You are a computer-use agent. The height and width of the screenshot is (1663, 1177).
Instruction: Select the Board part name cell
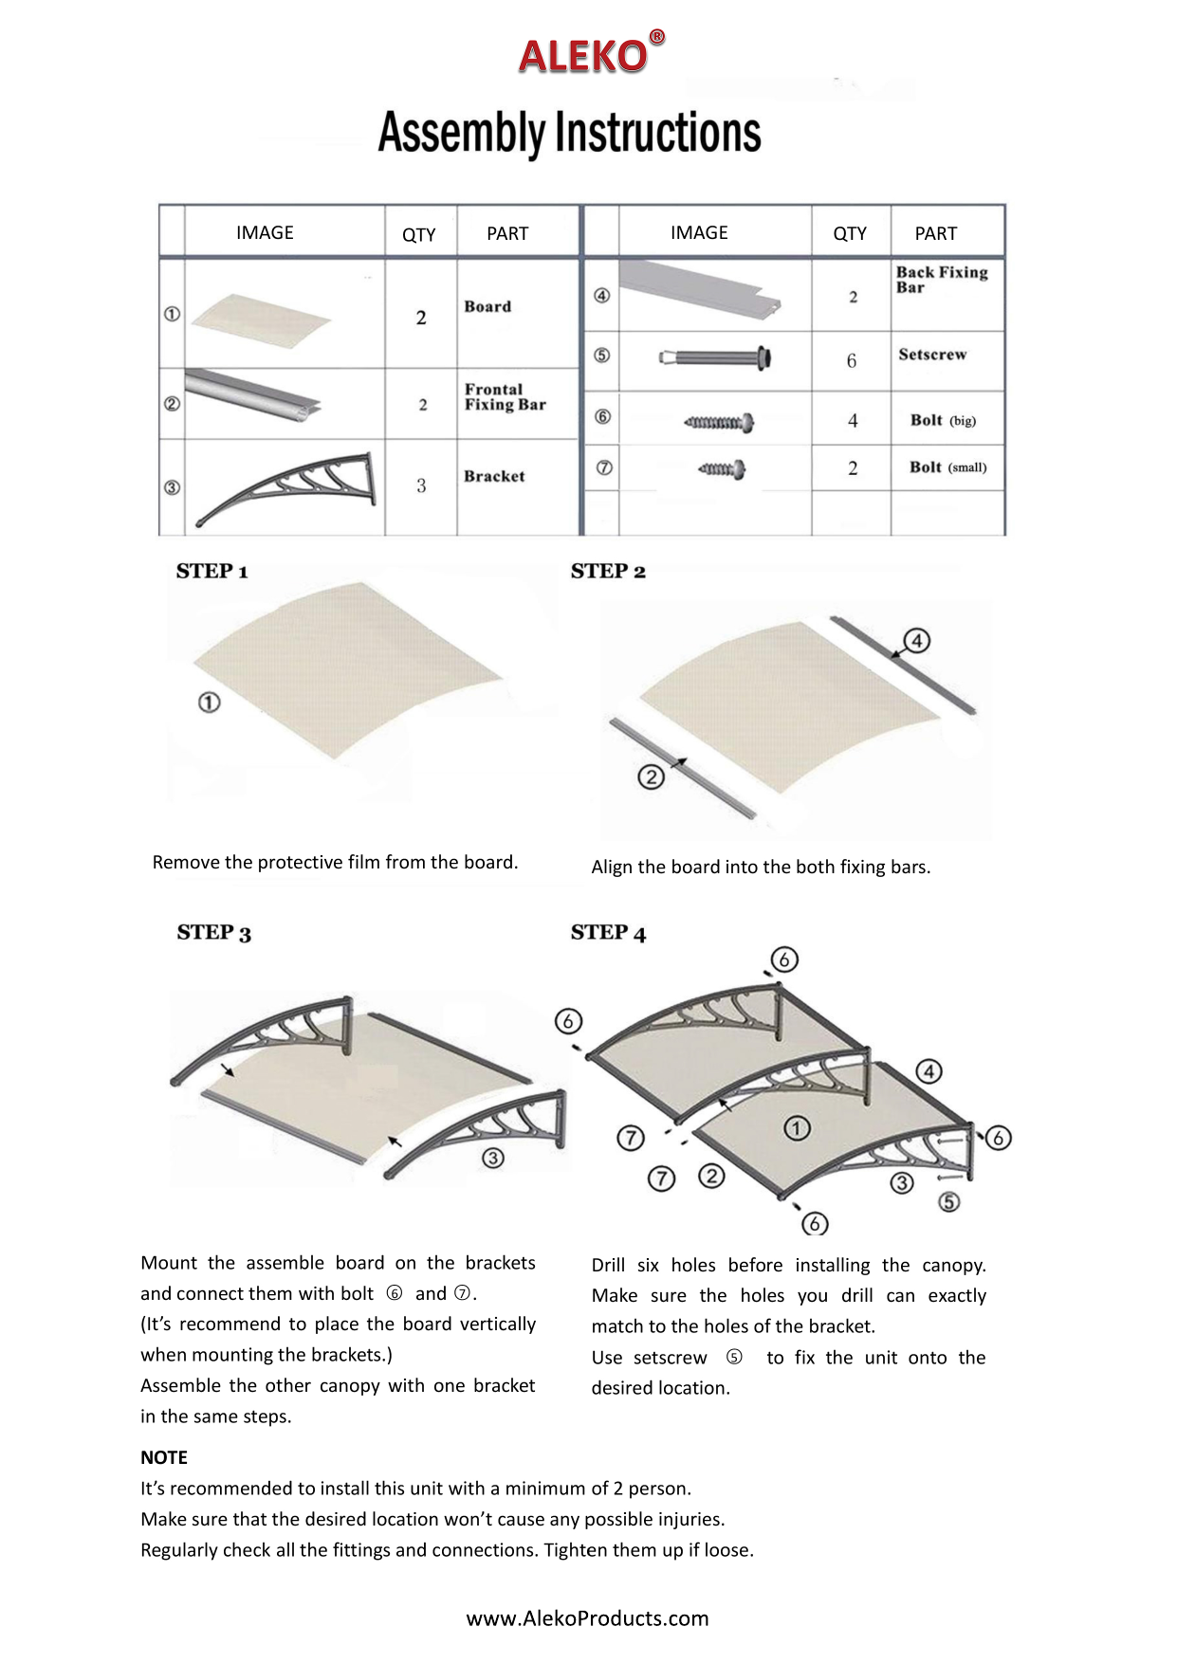click(x=487, y=307)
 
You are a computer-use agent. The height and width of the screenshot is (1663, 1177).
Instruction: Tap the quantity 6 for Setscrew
click(x=851, y=361)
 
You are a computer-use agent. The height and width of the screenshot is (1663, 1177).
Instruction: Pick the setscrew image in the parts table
click(x=715, y=358)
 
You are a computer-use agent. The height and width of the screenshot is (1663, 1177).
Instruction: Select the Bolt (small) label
click(x=947, y=467)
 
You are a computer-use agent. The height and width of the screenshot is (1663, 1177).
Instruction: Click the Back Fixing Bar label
click(x=941, y=280)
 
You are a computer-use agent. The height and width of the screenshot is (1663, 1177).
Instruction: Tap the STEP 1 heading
click(x=211, y=572)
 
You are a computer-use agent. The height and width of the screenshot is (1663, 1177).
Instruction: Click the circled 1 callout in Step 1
click(x=209, y=703)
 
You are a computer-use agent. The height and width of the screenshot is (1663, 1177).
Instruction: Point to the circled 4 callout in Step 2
click(x=916, y=641)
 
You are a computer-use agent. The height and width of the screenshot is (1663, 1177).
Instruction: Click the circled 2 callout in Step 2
click(x=651, y=777)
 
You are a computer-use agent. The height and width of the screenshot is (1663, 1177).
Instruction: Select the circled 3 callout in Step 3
click(x=493, y=1158)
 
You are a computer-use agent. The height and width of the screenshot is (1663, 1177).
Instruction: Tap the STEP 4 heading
click(x=608, y=933)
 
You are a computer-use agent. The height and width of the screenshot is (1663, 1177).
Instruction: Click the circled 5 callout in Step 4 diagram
click(x=948, y=1202)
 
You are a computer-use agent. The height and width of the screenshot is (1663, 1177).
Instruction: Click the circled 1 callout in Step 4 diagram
click(x=797, y=1128)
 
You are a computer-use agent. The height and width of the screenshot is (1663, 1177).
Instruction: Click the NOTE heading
click(x=164, y=1457)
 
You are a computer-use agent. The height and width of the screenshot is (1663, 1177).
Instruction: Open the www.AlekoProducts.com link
click(x=587, y=1618)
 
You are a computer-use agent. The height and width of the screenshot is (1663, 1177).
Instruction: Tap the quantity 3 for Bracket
click(x=421, y=486)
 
